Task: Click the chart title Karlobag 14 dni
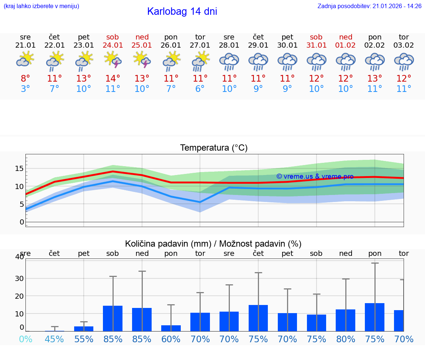click(182, 11)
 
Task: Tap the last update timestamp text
click(369, 6)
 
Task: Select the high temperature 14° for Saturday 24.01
click(113, 78)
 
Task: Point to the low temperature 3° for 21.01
click(25, 89)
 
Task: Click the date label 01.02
click(346, 45)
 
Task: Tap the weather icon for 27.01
click(200, 61)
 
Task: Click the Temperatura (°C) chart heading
click(214, 148)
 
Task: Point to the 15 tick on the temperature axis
click(19, 168)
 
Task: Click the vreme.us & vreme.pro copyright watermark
click(315, 176)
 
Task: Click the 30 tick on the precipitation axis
click(19, 278)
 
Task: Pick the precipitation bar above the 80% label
click(346, 320)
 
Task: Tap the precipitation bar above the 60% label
click(171, 328)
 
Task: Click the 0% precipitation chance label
click(25, 339)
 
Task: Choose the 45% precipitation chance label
click(55, 339)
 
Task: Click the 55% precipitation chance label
click(84, 339)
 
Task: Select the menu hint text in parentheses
click(41, 6)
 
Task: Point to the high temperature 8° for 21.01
click(25, 78)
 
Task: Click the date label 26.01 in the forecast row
click(171, 45)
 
